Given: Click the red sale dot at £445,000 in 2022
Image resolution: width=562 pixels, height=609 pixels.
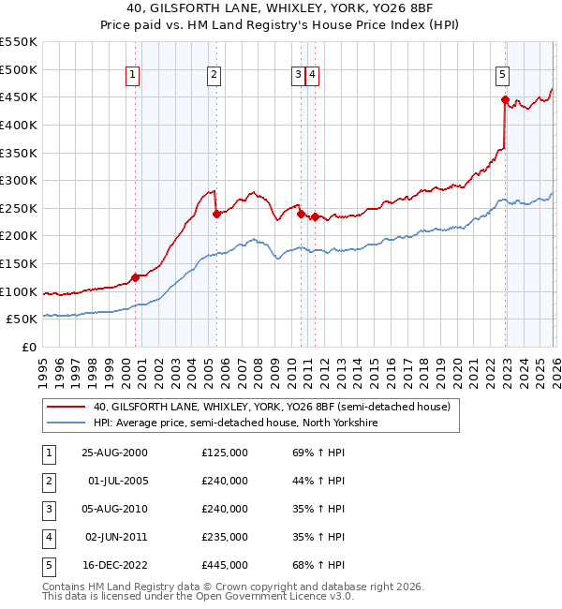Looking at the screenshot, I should pos(505,99).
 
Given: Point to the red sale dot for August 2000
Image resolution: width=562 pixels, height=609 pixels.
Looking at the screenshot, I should pos(135,276).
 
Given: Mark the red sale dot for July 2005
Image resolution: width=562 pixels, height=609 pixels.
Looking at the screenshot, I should pos(216,214).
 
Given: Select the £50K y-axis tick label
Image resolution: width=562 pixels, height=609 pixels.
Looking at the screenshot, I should pos(22,319).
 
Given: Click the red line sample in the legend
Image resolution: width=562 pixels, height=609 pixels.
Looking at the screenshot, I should pos(66,407).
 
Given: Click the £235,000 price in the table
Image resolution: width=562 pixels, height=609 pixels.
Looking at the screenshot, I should pos(225,537).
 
